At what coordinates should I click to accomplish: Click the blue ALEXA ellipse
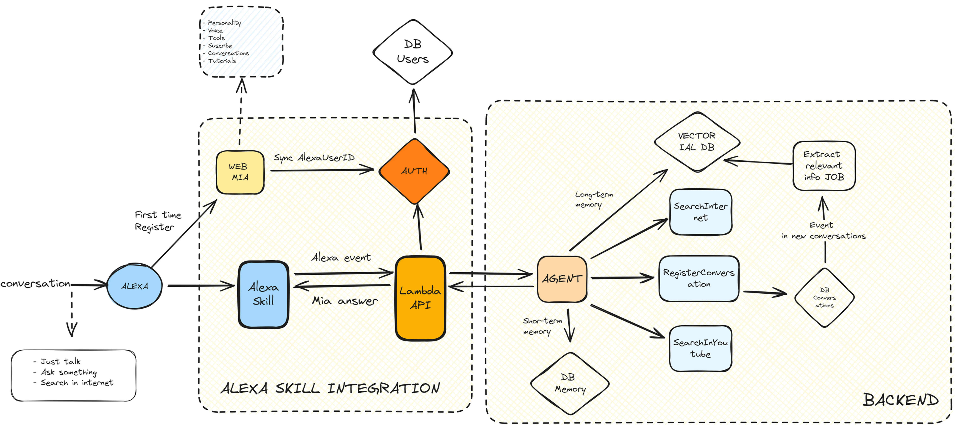click(134, 286)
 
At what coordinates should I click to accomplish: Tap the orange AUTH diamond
click(414, 171)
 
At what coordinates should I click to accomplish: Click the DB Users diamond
click(413, 52)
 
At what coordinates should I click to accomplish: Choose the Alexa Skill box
click(263, 294)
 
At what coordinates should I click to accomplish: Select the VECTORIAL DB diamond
click(697, 142)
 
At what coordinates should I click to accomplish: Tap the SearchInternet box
click(701, 212)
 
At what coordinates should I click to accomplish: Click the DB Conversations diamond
click(824, 298)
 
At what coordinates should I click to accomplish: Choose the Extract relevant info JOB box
click(824, 166)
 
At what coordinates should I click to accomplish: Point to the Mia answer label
click(345, 300)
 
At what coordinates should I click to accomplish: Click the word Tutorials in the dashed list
click(222, 61)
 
